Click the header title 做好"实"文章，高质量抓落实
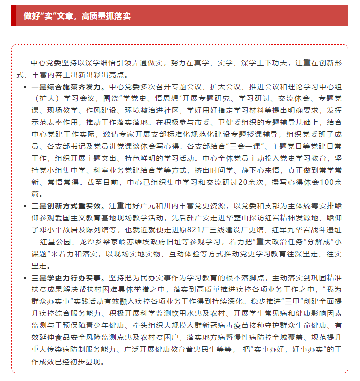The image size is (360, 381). (77, 16)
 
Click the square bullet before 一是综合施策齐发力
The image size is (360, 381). (25, 87)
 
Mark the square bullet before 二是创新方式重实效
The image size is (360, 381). (25, 205)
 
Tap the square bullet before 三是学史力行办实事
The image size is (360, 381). (25, 277)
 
